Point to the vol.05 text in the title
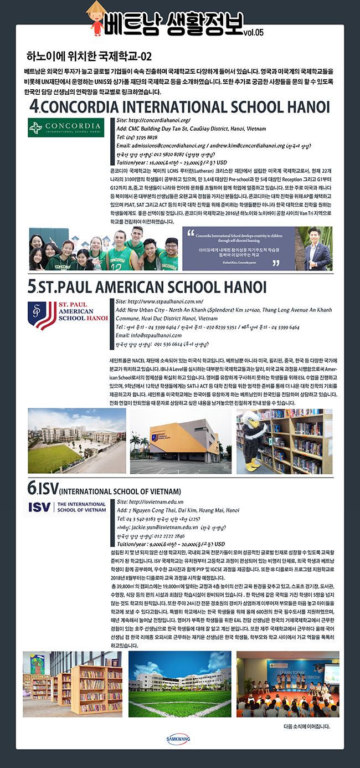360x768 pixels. pyautogui.click(x=253, y=32)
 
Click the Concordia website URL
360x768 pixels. pyautogui.click(x=153, y=120)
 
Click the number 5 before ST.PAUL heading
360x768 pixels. pyautogui.click(x=32, y=287)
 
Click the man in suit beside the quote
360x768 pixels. pyautogui.click(x=317, y=249)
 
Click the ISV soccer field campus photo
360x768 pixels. pyautogui.click(x=180, y=685)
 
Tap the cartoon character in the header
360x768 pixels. pyautogui.click(x=97, y=17)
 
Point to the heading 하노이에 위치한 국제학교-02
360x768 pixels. pyautogui.click(x=89, y=57)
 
